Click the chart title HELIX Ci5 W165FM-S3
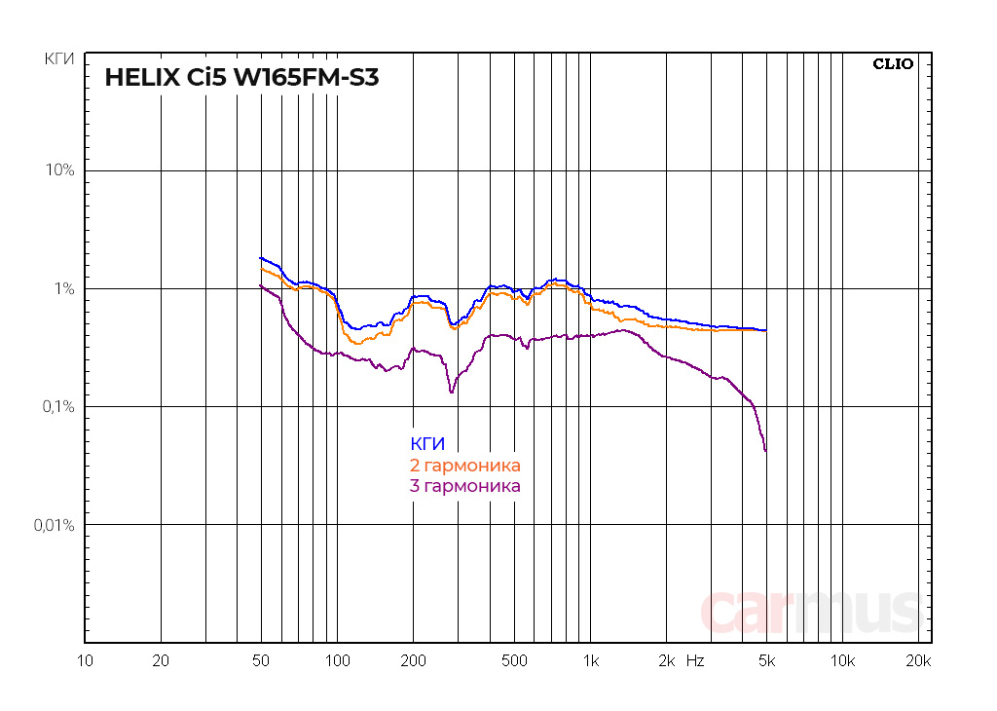point(241,77)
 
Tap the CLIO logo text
point(892,64)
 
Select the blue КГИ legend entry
point(427,444)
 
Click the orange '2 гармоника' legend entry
point(465,466)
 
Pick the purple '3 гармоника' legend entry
point(465,486)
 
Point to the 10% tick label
point(60,170)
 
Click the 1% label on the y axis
point(63,289)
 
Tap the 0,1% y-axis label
point(57,407)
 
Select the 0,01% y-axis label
point(54,525)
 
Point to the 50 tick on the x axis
point(261,661)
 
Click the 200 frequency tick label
point(413,661)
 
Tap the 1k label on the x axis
point(590,661)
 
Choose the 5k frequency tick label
point(766,661)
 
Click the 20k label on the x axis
point(918,661)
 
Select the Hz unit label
point(695,661)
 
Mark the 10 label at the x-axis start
point(86,661)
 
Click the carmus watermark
point(810,612)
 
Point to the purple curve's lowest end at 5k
point(765,451)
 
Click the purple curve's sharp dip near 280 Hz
point(451,392)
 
